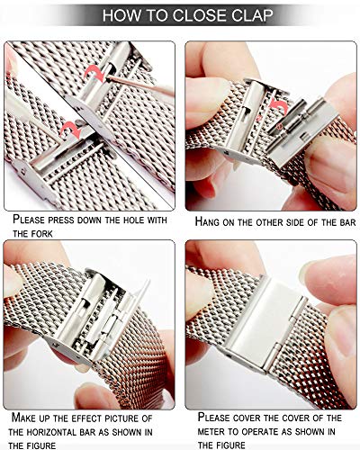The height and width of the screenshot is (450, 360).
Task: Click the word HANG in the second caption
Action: tap(208, 221)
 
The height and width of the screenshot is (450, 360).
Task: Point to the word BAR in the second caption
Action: tap(347, 222)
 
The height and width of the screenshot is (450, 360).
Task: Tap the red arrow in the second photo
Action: tap(279, 105)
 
